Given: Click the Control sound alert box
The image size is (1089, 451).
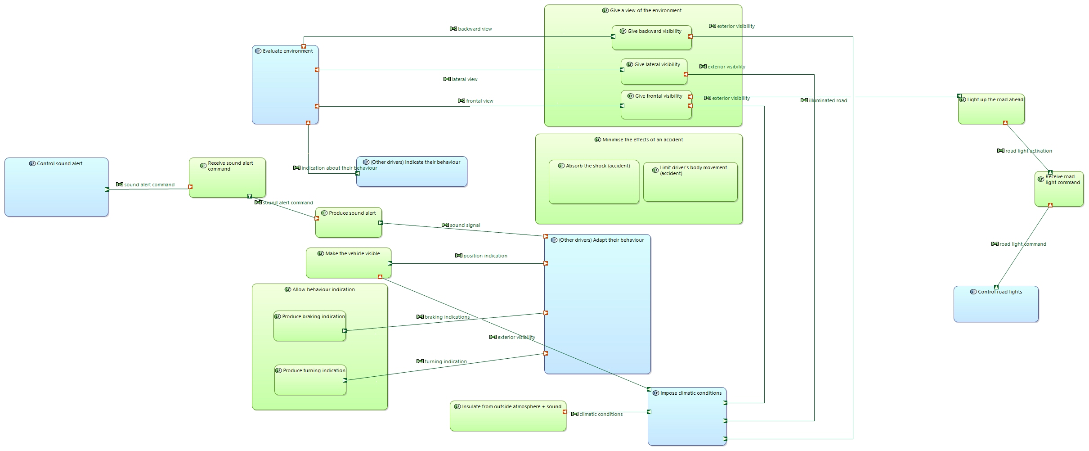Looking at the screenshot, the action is point(56,187).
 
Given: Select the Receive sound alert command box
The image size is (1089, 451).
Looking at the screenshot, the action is point(227,178).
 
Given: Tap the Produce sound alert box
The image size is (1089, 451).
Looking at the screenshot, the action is point(349,222).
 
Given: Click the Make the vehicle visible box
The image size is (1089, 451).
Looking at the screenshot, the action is point(349,263).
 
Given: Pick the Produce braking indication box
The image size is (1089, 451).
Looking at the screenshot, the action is point(310,326).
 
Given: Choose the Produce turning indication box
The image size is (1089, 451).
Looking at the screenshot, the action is point(310,380).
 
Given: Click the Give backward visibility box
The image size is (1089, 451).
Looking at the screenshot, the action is point(652,38).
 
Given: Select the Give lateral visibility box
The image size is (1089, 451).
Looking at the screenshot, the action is point(654,72).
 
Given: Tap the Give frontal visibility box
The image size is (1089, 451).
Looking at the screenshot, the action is point(656,105).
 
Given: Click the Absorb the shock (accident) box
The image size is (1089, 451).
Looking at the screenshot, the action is point(594,182).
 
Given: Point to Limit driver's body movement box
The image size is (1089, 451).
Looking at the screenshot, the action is point(690,182).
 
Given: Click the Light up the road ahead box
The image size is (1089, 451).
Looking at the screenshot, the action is point(991,109).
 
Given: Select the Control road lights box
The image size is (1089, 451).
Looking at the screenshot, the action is point(996,304).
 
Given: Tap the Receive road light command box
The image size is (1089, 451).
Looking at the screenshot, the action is point(1059,189).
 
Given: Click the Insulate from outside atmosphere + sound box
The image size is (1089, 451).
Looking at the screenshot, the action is point(508,416).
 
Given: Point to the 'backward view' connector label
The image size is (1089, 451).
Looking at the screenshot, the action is point(471,29).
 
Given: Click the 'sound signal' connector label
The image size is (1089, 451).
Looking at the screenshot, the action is point(461,225).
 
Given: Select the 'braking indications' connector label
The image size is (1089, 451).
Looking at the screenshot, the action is point(443,317).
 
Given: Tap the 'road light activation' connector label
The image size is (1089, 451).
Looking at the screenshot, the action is point(1025,151).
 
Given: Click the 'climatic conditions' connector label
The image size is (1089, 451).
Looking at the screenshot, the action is point(597,414).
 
